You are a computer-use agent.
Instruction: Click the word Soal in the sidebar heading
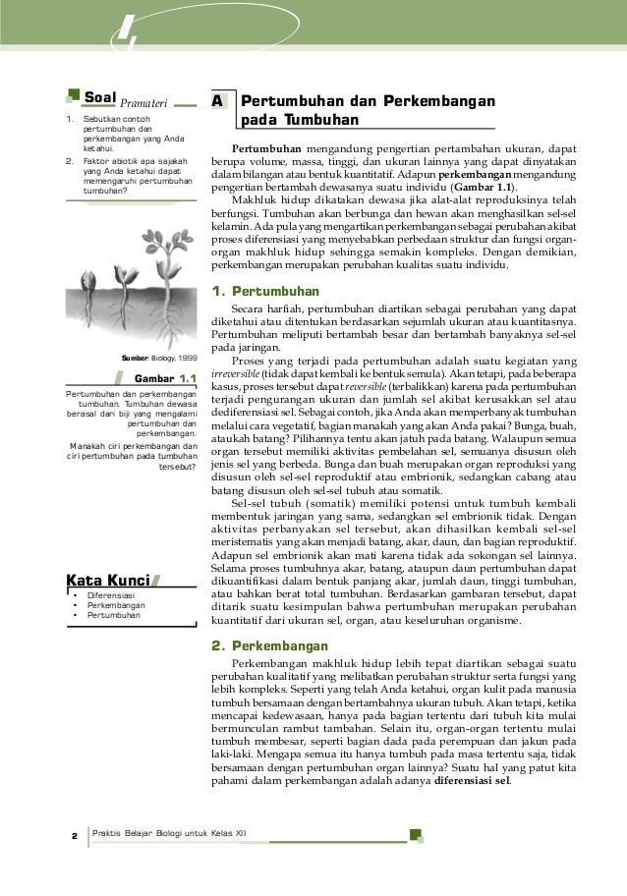[100, 98]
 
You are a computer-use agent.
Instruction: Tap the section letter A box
[219, 102]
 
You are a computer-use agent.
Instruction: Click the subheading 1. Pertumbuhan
[266, 292]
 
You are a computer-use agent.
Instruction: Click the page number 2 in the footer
[74, 836]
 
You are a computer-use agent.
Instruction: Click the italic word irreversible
[236, 374]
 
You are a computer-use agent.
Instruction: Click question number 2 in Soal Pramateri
[68, 157]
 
